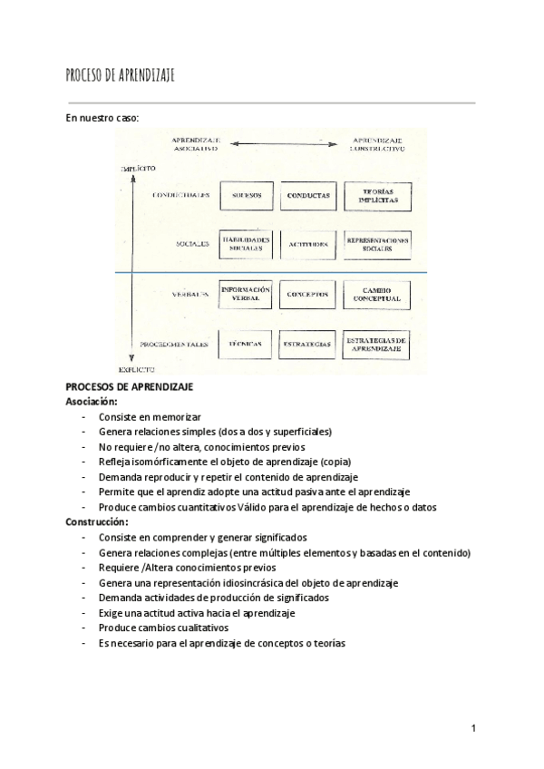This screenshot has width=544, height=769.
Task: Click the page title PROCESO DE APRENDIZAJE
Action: click(x=121, y=75)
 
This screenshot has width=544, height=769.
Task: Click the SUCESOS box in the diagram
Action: click(x=246, y=196)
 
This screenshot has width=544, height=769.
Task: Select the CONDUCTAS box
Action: click(x=308, y=196)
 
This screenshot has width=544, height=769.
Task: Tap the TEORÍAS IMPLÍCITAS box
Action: click(x=377, y=196)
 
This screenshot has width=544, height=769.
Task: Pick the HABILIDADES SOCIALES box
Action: click(x=247, y=244)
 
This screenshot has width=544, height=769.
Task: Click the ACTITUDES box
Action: click(x=308, y=244)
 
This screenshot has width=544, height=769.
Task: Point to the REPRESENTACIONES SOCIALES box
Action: click(x=377, y=243)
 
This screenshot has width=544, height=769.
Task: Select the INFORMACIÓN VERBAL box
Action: click(x=247, y=294)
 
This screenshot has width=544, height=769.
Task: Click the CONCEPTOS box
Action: click(x=308, y=295)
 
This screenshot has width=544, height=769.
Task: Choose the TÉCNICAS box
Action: click(x=246, y=345)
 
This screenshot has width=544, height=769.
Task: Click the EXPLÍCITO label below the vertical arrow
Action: click(x=137, y=370)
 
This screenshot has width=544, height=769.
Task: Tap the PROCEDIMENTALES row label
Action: click(x=176, y=345)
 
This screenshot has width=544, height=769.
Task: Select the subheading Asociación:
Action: click(x=92, y=400)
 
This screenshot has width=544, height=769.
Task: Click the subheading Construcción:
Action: click(x=97, y=522)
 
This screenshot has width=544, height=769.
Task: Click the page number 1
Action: click(x=474, y=728)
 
